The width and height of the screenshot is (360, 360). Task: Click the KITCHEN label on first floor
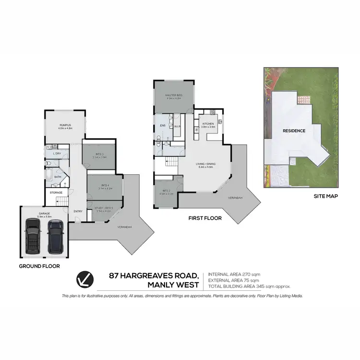(208, 124)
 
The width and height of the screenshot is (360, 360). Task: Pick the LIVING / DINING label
(205, 164)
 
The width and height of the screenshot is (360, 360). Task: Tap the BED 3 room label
(100, 154)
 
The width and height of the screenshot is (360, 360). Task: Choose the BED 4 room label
(105, 185)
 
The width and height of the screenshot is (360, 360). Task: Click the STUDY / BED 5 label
(104, 208)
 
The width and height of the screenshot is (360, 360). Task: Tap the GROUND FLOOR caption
(39, 265)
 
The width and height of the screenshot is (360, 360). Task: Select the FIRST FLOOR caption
(205, 218)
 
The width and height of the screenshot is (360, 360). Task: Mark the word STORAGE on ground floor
(56, 192)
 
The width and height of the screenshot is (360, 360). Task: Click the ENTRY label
(78, 211)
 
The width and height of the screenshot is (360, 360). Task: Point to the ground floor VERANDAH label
(124, 227)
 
